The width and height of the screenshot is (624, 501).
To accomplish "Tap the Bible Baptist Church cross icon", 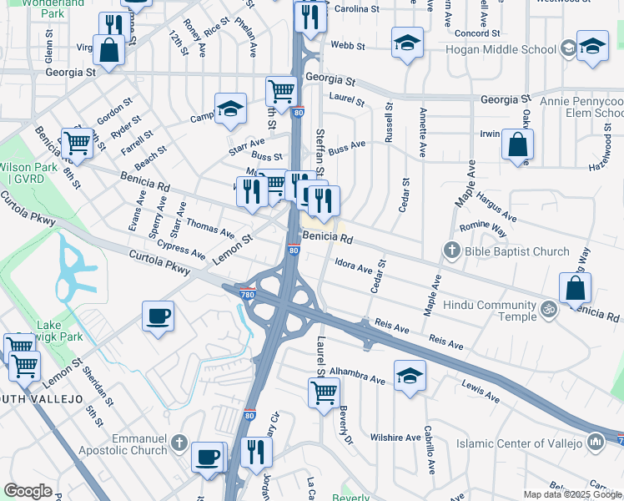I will coord(452,250).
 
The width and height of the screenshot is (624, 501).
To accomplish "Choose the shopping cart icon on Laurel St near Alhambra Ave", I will coord(324,391).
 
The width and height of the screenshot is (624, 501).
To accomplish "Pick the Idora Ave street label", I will coord(353,266).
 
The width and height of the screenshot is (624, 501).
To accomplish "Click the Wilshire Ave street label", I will coord(395,438).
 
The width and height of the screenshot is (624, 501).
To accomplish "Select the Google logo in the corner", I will coord(28,490).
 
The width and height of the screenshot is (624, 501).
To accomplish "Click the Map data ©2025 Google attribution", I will coord(572,494).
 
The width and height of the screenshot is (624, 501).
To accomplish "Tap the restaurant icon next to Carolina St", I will coord(309,16).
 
